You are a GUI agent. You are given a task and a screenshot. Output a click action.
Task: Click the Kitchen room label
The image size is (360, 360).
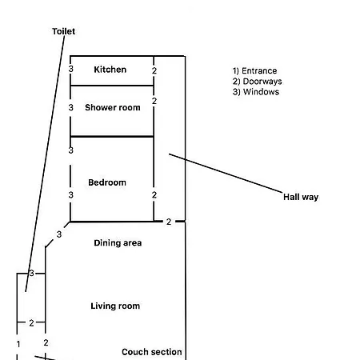pos(110,70)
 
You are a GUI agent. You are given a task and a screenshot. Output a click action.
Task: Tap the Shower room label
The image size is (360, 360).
pos(113,107)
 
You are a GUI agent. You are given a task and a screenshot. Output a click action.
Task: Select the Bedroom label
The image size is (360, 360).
pos(107,182)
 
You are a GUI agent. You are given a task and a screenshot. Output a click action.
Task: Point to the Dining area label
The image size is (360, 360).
pos(118,243)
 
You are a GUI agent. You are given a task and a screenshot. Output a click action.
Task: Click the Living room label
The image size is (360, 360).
pos(115,306)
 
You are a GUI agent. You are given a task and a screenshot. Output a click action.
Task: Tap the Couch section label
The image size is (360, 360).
pos(152,352)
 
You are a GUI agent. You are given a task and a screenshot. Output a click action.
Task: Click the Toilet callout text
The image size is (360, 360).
pos(63,31)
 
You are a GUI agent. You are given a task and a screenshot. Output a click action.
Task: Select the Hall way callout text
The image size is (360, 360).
pos(301,197)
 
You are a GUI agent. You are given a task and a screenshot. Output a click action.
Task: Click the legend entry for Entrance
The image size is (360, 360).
pos(254,71)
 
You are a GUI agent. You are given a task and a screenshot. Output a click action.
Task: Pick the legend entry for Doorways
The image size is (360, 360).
pos(257,82)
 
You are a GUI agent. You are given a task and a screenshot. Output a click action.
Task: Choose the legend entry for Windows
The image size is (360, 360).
pos(256,92)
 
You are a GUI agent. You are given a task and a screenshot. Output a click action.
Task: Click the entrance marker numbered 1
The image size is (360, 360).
pos(18,344)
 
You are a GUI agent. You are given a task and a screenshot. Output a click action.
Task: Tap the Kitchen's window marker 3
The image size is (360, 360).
pos(70,69)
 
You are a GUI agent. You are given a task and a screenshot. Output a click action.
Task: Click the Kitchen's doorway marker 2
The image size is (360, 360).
pos(154,70)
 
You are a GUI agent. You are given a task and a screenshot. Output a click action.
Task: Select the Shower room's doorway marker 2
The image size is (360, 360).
pos(154,101)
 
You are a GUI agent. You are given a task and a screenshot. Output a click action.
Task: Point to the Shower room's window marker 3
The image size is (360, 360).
pos(70,107)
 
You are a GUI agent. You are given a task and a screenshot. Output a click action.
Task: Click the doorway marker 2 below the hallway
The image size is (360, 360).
pos(169,222)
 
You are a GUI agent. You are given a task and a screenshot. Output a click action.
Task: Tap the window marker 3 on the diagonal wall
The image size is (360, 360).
pos(59,234)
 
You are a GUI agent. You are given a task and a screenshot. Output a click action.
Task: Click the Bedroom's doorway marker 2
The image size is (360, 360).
pos(154,195)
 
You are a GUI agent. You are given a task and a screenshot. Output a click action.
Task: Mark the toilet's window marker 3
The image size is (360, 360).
pos(32,273)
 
